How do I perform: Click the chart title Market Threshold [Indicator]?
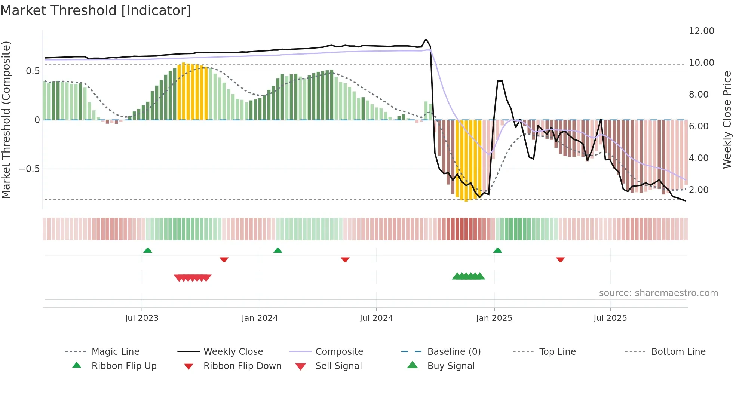[96, 10]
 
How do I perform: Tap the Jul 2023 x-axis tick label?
[142, 318]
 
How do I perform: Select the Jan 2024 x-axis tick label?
[260, 318]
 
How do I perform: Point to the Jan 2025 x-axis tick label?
[494, 318]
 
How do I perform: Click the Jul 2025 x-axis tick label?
[610, 318]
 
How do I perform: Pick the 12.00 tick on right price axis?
[701, 31]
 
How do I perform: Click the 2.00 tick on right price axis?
[699, 190]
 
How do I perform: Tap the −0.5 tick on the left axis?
[29, 169]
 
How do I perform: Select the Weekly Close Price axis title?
[727, 120]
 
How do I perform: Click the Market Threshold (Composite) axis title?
[6, 120]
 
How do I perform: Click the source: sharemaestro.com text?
[658, 293]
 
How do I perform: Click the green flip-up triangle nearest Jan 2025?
[497, 250]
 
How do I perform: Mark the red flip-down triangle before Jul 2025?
[560, 259]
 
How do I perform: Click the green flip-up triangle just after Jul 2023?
[148, 250]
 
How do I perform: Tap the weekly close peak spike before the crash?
[426, 39]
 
